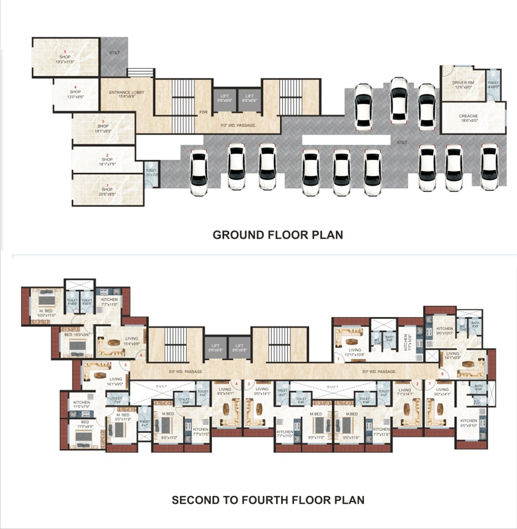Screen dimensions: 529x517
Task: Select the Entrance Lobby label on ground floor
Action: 126,94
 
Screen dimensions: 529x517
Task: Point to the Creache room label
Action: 468,118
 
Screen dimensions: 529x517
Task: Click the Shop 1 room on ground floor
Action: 107,191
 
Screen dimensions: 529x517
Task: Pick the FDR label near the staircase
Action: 203,112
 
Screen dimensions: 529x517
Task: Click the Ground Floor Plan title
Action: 278,235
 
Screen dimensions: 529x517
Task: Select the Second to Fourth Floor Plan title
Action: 268,500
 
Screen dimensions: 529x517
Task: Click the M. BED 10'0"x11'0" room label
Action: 45,313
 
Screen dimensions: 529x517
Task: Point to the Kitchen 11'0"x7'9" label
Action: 82,405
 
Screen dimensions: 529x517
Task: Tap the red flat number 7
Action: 338,359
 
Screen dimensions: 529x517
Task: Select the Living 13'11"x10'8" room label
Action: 355,352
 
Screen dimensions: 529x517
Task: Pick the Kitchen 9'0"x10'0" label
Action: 444,331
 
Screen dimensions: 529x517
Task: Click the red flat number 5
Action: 126,365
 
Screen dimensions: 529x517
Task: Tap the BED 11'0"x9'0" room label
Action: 85,424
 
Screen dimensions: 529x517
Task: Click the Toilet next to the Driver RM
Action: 493,84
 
